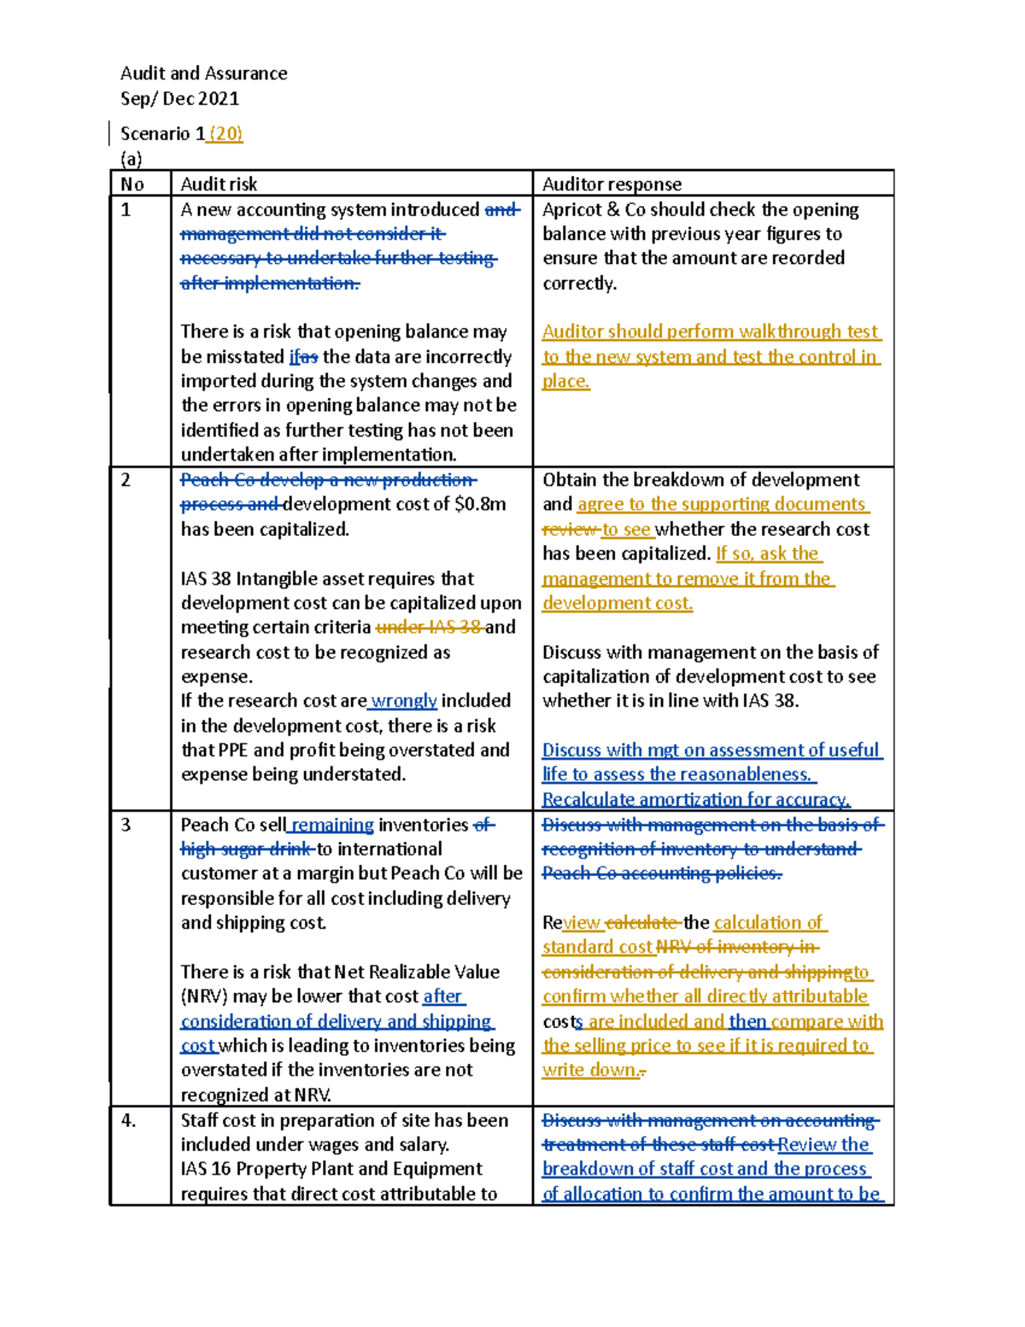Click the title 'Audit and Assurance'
click(203, 73)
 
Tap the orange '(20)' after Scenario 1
click(226, 134)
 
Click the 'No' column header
click(132, 185)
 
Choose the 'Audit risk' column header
click(219, 185)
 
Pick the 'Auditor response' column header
click(612, 185)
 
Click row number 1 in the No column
click(126, 210)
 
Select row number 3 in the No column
click(126, 825)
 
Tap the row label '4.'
click(128, 1121)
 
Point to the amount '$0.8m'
click(480, 505)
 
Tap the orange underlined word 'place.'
click(565, 382)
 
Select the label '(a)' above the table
click(131, 159)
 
